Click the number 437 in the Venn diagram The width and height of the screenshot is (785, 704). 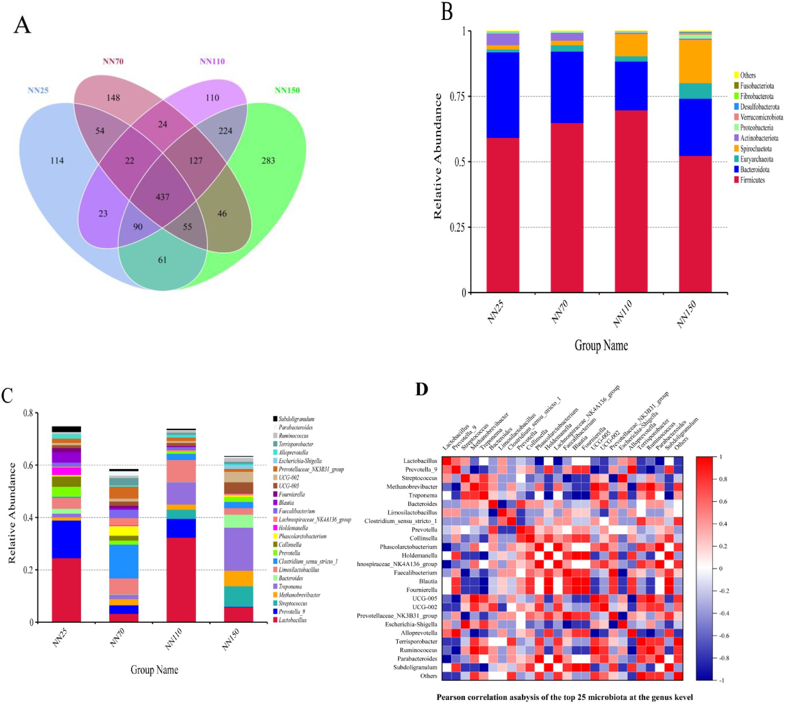coord(163,197)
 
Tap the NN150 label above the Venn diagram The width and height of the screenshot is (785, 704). coord(287,90)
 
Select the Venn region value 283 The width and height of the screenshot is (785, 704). coord(268,161)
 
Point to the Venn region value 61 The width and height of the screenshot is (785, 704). coord(162,260)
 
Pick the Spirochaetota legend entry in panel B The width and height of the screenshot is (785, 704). coord(755,149)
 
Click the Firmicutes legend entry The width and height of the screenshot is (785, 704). coord(752,180)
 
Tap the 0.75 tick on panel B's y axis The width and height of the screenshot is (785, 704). coord(457,97)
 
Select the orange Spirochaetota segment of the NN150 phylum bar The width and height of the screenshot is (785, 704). coord(695,62)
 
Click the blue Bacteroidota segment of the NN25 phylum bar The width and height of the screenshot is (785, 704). coord(503,95)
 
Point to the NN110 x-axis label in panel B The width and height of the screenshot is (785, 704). coord(622,314)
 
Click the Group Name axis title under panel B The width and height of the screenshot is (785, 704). coord(601,345)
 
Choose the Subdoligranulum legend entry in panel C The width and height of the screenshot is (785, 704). coord(296,419)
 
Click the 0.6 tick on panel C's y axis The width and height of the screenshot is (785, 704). coord(28,465)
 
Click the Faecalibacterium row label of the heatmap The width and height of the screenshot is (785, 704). coord(415,573)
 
